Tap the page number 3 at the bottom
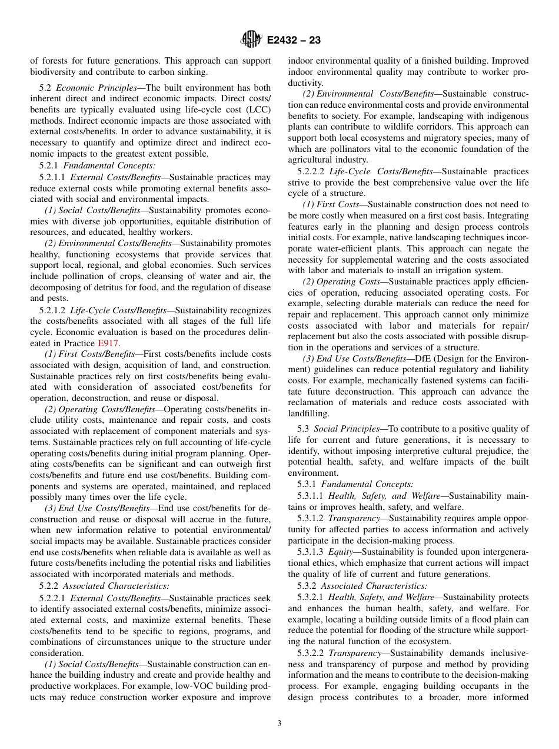pyautogui.click(x=279, y=724)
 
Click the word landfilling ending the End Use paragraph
pyautogui.click(x=309, y=413)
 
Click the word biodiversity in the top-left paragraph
pyautogui.click(x=53, y=72)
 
